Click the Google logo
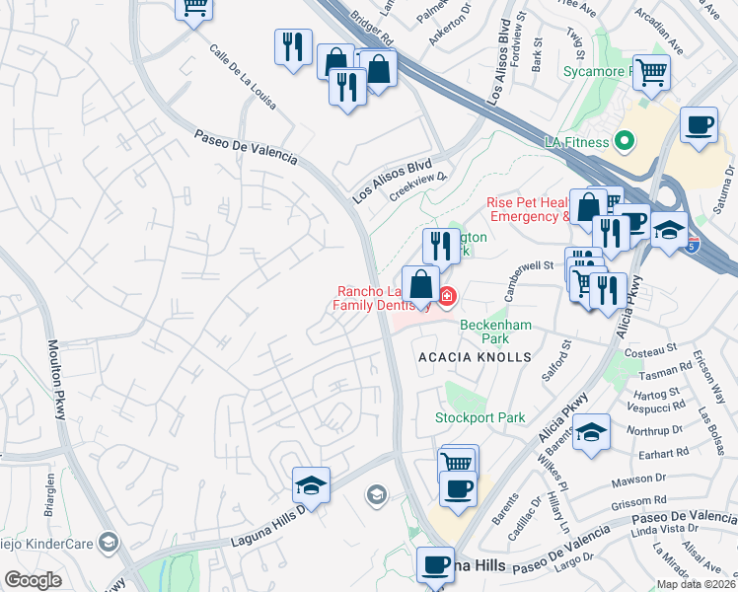tap(33, 580)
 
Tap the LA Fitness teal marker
tap(623, 142)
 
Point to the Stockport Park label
tap(480, 417)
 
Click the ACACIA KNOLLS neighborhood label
tap(475, 356)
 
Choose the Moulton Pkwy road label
tap(55, 380)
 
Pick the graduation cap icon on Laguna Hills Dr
tap(311, 484)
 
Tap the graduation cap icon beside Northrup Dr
tap(591, 432)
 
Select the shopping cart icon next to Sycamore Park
tap(651, 70)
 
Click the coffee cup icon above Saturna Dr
tap(699, 124)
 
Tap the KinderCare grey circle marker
tap(108, 542)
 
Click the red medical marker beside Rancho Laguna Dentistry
tap(447, 295)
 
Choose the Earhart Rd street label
tap(690, 453)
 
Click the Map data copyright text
tap(697, 584)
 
